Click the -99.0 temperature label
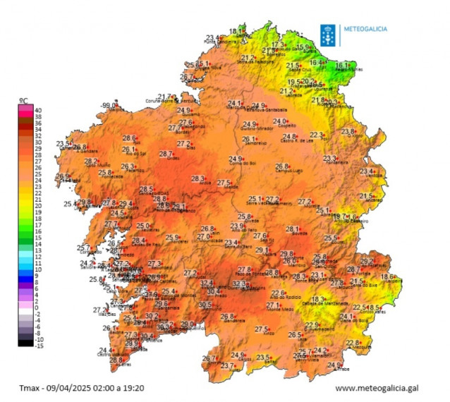coord(109,105)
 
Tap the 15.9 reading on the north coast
coord(303,47)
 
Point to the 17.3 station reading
coord(276,44)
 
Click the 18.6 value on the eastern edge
coord(387,277)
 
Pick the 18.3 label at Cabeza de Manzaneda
coord(318,300)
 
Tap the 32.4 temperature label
coord(206,283)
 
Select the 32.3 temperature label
coord(239,284)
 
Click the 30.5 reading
coord(205,305)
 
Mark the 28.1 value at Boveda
coord(293,229)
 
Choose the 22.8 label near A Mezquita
coord(353,343)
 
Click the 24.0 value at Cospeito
coord(281,122)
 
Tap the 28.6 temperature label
coord(129,138)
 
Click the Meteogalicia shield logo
coord(328,34)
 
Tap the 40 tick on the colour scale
coord(37,110)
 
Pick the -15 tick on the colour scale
coord(38,346)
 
